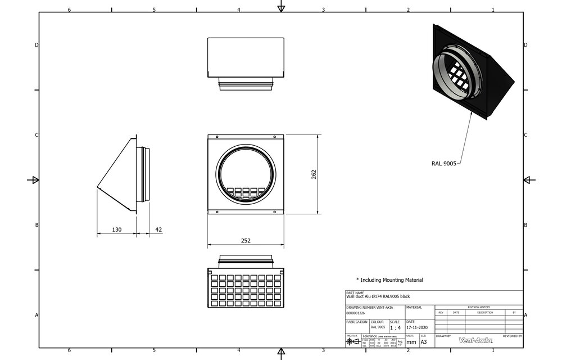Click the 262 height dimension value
point(314,174)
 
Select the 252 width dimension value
point(246,240)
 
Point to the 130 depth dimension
point(116,229)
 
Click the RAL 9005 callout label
point(443,163)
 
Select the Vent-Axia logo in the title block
point(475,340)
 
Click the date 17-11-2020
point(417,327)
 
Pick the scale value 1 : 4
point(396,327)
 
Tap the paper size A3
point(424,341)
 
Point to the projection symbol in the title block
point(353,341)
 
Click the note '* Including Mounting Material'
point(389,280)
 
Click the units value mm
point(411,341)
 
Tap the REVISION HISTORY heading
point(478,307)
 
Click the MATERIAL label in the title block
point(414,308)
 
